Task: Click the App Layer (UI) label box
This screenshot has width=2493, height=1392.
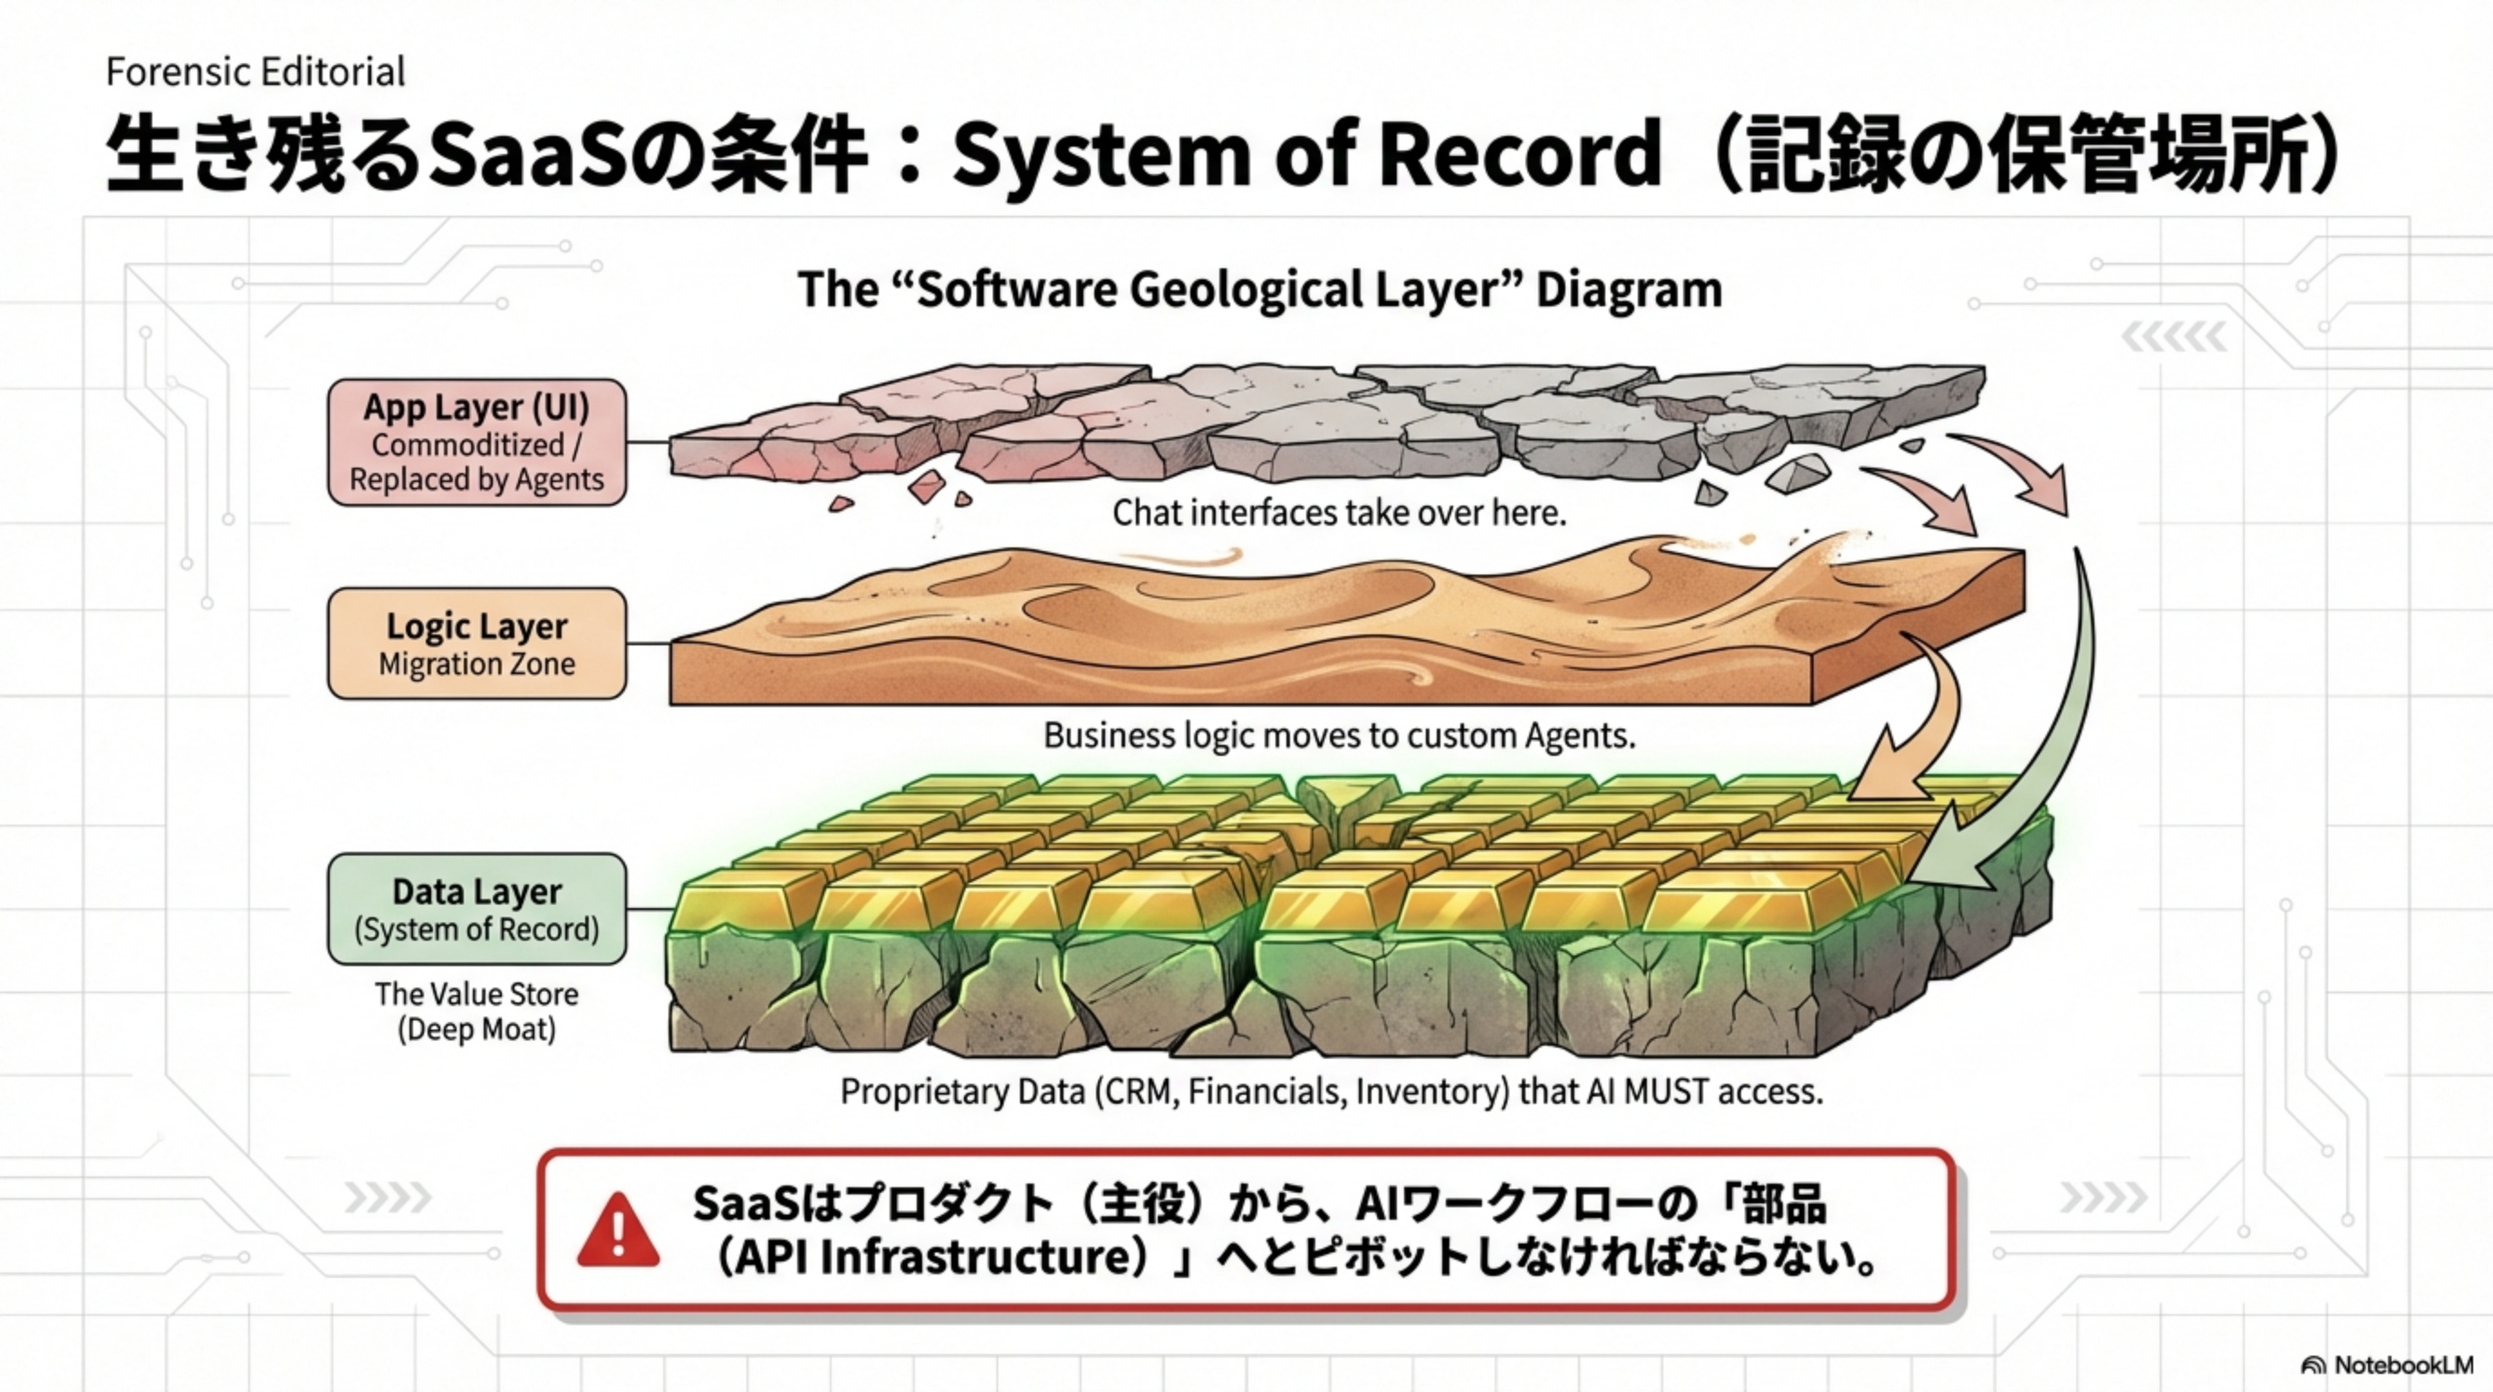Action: (x=476, y=442)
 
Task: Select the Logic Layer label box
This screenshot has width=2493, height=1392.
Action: (x=476, y=643)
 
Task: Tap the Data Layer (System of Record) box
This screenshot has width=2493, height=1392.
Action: (x=476, y=908)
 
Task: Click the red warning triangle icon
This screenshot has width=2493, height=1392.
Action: (x=618, y=1232)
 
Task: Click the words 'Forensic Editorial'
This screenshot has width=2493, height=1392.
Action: (x=255, y=72)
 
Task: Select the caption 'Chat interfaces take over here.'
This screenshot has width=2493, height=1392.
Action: (x=1338, y=513)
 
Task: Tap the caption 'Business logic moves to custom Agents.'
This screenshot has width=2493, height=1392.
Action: (x=1338, y=736)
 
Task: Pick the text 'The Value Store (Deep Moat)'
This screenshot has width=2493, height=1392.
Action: (x=476, y=1011)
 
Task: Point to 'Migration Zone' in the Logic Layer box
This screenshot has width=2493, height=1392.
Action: (x=476, y=664)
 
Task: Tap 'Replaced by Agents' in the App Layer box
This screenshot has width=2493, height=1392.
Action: (x=476, y=479)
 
